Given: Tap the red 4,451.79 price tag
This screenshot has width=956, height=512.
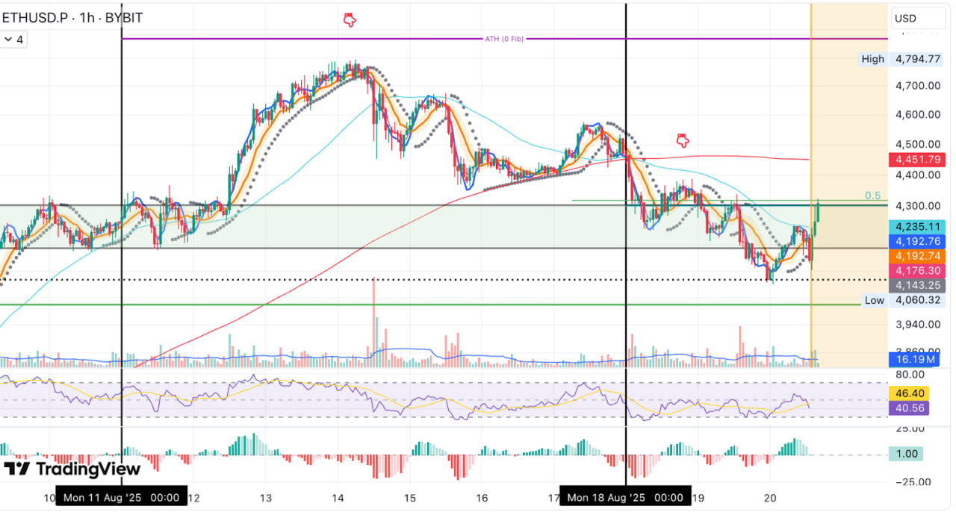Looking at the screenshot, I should (917, 159).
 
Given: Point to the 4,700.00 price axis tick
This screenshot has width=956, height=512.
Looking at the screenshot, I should (918, 86).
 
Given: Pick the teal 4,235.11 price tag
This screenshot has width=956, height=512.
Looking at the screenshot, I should (917, 227).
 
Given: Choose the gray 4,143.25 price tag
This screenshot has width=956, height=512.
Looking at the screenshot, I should (917, 285).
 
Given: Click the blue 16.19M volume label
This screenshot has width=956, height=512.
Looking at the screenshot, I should (916, 359).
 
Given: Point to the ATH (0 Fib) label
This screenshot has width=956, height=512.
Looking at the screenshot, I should (504, 39).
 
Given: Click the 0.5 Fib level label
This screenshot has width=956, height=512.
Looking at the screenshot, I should (872, 196).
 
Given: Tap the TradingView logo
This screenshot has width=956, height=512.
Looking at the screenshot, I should (72, 469).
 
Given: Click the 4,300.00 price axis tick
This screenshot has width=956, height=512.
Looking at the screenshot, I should (918, 205).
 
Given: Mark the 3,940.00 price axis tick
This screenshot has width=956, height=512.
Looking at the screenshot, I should (918, 325).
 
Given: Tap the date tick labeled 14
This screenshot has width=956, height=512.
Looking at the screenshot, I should (338, 498).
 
